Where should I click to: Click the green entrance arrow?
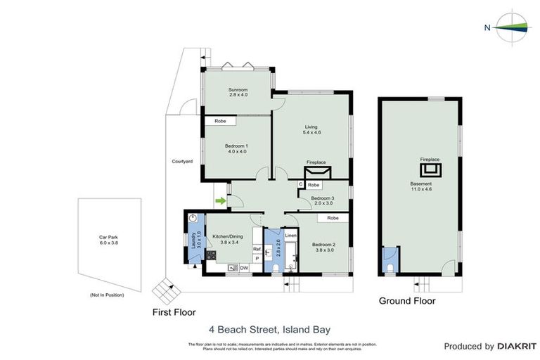[x=220, y=202]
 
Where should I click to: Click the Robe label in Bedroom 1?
[x=220, y=121]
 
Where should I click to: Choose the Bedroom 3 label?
[x=322, y=199]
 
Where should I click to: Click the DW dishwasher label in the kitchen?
[x=244, y=268]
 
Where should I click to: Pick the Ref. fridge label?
[x=257, y=249]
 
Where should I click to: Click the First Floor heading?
[x=174, y=311]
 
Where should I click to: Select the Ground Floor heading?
[x=407, y=301]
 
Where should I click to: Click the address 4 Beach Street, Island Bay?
[x=269, y=328]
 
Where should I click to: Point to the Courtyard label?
[x=182, y=161]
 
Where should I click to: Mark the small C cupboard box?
[x=300, y=185]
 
